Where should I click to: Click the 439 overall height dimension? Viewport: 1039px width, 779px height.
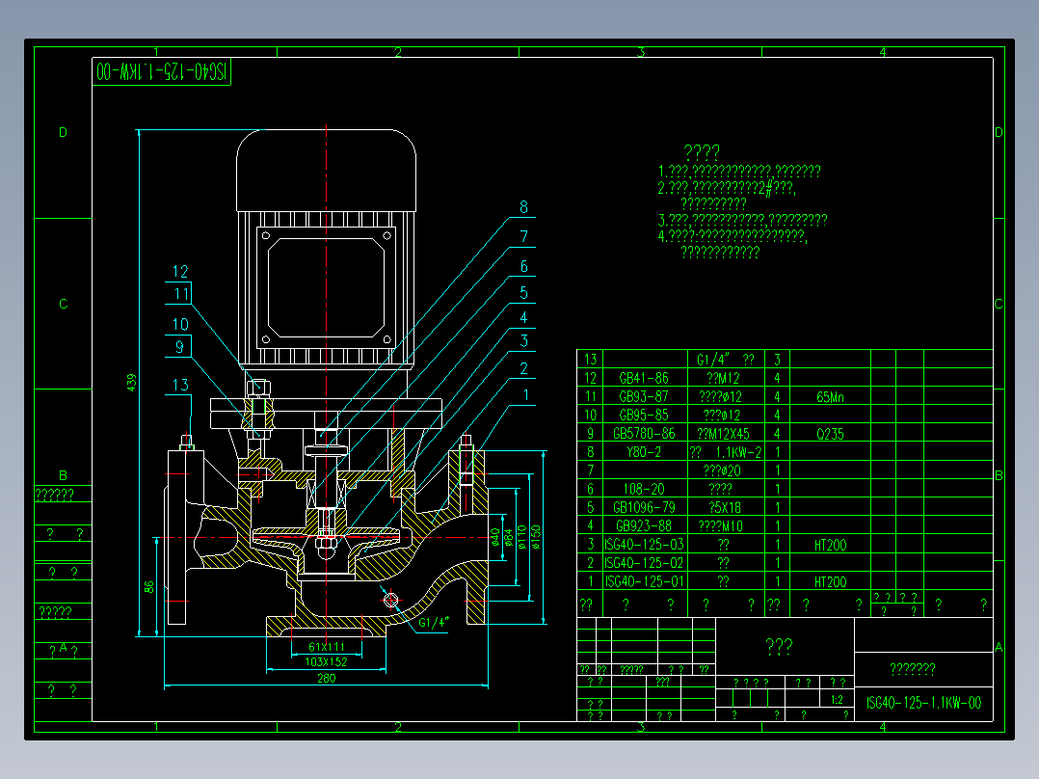coord(132,383)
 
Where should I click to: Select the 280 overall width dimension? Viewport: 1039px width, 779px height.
coord(325,679)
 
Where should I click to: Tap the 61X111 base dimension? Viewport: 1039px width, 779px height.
coord(327,646)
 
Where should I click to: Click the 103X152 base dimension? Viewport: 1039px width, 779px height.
coord(326,662)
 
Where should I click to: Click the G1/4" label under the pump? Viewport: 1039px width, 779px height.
coord(435,622)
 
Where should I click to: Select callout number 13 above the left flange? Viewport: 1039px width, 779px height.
coord(180,386)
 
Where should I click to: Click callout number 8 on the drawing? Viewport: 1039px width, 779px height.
coord(523,207)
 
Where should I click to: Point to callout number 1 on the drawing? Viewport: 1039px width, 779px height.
coord(525,394)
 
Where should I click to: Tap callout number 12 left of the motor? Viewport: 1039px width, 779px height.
coord(181,272)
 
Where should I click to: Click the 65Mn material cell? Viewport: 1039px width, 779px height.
coord(829,396)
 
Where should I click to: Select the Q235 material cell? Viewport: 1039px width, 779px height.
coord(829,434)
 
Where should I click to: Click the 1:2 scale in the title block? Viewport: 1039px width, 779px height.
coord(837,700)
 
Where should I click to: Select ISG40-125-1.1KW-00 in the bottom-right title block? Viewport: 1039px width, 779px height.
coord(923,703)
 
